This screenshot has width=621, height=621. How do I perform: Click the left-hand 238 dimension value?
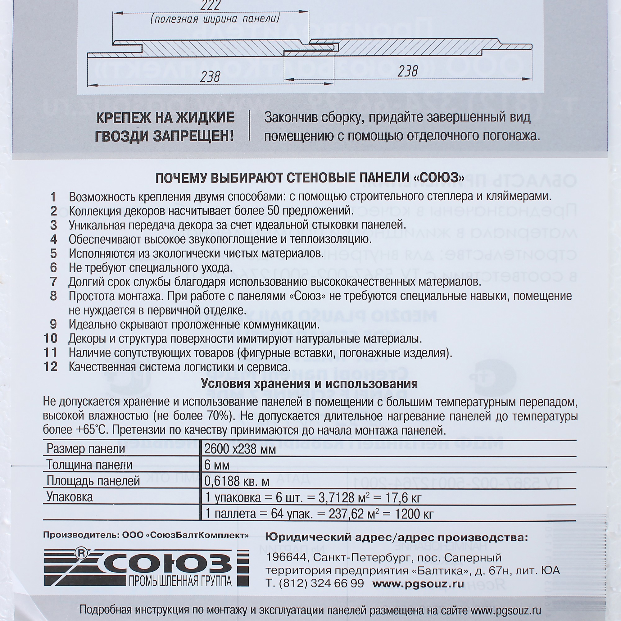tap(210, 76)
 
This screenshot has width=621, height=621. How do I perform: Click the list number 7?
tap(53, 282)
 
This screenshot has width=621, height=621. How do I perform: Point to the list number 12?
tap(51, 367)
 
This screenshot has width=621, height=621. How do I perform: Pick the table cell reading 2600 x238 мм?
tap(240, 449)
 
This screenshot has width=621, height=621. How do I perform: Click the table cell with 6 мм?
tap(217, 465)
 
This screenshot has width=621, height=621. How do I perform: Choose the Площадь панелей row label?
tap(93, 481)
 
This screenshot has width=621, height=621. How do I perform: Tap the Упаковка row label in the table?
tap(70, 497)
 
